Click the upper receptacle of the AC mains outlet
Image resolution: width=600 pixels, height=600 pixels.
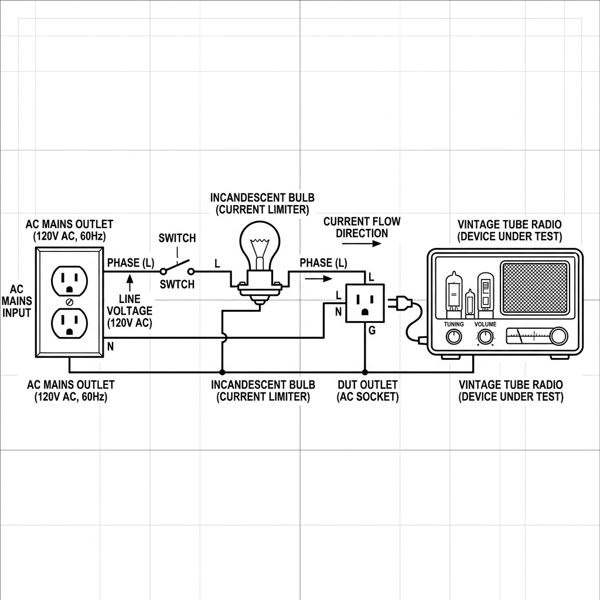click(70, 281)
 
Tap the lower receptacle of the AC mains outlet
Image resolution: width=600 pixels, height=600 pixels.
click(70, 323)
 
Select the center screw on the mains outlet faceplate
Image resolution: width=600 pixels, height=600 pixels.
click(70, 302)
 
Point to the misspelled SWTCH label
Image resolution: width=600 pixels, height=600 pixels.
click(177, 284)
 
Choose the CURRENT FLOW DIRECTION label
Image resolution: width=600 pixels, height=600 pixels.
click(362, 227)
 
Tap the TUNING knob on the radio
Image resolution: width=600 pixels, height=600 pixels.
click(454, 336)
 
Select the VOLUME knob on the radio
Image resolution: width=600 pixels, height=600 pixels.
click(485, 336)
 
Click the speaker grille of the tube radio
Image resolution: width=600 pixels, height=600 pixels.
click(536, 287)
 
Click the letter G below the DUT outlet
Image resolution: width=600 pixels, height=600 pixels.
click(371, 331)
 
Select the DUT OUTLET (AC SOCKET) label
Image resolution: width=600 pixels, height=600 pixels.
click(367, 391)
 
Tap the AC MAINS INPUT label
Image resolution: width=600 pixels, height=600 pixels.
click(17, 301)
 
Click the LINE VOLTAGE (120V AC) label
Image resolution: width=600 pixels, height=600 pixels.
click(129, 311)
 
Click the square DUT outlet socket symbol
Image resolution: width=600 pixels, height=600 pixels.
click(364, 303)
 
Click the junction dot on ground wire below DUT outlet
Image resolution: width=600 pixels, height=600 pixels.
click(364, 372)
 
